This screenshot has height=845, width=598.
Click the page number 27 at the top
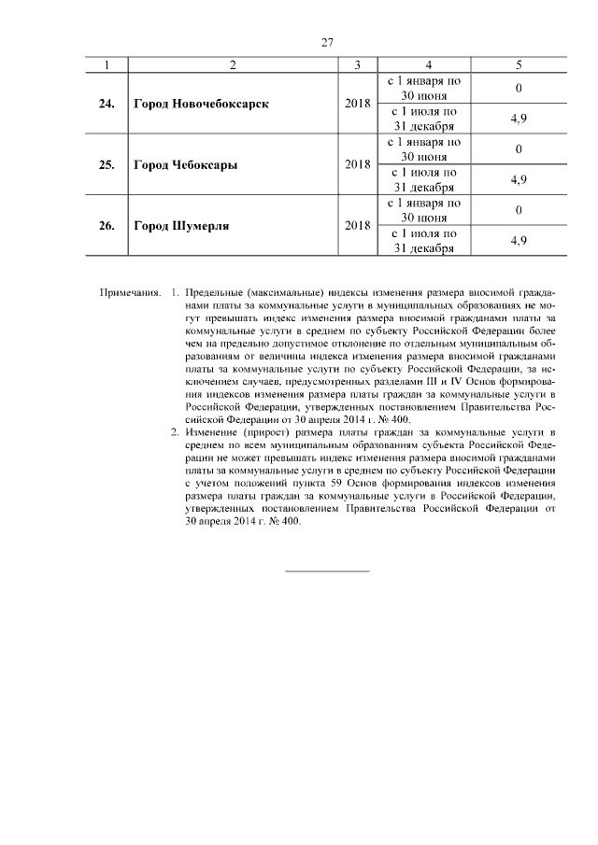[327, 41]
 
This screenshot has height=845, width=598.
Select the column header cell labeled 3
[357, 64]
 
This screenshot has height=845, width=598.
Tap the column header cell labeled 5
[519, 64]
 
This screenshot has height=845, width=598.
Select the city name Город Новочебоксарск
[201, 104]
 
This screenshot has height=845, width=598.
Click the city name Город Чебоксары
[185, 164]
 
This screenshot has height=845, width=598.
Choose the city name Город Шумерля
[181, 225]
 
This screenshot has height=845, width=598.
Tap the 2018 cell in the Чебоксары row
[357, 164]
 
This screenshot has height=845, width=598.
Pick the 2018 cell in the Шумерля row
[357, 225]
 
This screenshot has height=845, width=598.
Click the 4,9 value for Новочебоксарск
[519, 120]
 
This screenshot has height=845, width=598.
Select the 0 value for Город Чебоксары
[519, 149]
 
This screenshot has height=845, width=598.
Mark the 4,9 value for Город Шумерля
[519, 241]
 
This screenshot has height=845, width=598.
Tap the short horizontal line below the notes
[327, 570]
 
